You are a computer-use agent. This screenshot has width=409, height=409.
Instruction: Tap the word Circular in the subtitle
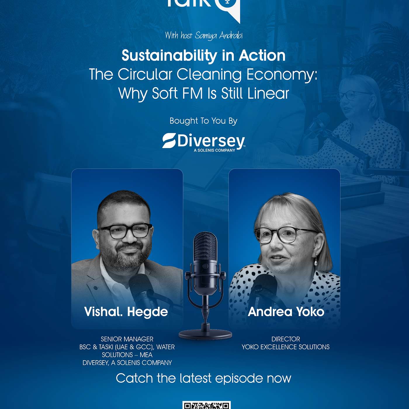pyautogui.click(x=145, y=74)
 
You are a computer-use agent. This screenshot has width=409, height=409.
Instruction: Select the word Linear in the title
pyautogui.click(x=268, y=93)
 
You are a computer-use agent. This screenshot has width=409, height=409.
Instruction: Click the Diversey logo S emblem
pyautogui.click(x=169, y=141)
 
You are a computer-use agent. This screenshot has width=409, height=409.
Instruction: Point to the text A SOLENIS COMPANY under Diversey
pyautogui.click(x=214, y=150)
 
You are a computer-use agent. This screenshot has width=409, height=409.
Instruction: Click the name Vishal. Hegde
pyautogui.click(x=126, y=312)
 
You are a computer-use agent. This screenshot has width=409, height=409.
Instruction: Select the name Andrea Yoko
pyautogui.click(x=286, y=312)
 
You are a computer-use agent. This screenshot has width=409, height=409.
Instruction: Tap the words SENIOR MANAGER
pyautogui.click(x=127, y=339)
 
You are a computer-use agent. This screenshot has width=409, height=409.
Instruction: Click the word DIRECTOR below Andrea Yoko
pyautogui.click(x=286, y=339)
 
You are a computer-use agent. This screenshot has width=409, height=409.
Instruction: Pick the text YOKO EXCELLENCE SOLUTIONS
pyautogui.click(x=286, y=347)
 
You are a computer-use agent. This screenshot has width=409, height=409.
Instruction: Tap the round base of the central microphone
pyautogui.click(x=205, y=334)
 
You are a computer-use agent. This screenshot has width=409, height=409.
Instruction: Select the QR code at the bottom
pyautogui.click(x=207, y=405)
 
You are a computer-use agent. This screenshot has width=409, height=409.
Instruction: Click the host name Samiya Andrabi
pyautogui.click(x=219, y=36)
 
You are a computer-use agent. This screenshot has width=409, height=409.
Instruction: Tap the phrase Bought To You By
pyautogui.click(x=203, y=121)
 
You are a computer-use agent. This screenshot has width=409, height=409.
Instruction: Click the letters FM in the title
pyautogui.click(x=193, y=93)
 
